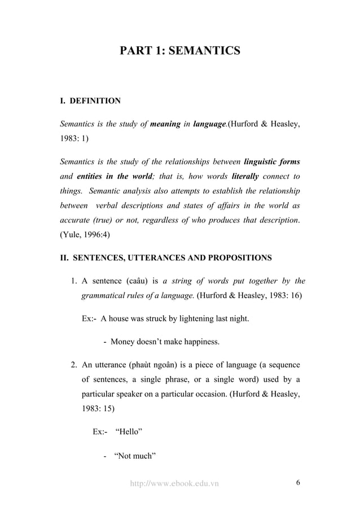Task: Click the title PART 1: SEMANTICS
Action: [x=180, y=51]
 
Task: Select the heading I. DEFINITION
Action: [x=90, y=101]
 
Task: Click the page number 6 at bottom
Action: [x=297, y=482]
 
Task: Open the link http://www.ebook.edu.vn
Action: [x=174, y=483]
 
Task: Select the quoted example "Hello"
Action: [x=128, y=432]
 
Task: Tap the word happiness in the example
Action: [x=200, y=342]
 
